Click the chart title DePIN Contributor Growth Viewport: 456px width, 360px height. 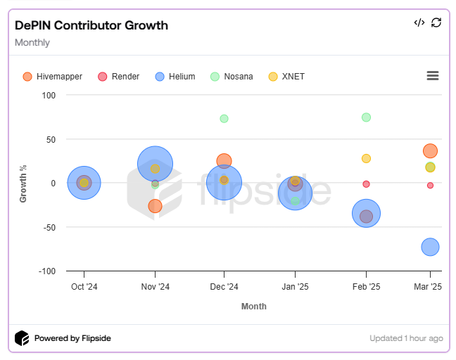coord(91,26)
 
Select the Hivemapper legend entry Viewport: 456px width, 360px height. coord(53,77)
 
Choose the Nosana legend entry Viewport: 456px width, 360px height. coord(233,77)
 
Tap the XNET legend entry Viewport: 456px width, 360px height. coord(287,77)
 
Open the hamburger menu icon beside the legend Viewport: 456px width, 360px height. coord(433,76)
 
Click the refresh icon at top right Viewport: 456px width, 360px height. coord(436,22)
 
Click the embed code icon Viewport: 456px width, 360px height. coord(419,22)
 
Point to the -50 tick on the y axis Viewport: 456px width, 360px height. coord(48,227)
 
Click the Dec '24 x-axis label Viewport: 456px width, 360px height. coord(224,287)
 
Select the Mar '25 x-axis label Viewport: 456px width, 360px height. coord(427,287)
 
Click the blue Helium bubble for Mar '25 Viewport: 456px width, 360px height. coord(430,247)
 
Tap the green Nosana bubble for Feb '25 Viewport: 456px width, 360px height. coord(366,117)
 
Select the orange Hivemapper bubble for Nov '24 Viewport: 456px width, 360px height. coord(155,206)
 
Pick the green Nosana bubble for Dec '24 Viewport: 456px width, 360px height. coord(224,119)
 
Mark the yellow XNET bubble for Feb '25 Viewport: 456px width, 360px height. coord(366,159)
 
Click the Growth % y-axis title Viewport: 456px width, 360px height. coord(23,184)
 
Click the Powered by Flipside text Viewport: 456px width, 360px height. coord(72,338)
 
